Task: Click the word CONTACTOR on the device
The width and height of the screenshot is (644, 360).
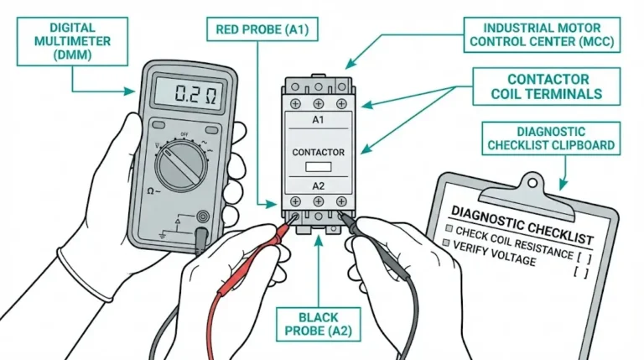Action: coord(318,152)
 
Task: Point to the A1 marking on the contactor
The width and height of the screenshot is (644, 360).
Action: coord(318,120)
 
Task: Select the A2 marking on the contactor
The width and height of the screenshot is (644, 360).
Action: coord(318,186)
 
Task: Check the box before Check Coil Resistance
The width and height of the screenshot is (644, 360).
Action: coord(450,229)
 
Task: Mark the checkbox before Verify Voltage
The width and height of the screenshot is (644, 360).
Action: coord(445,243)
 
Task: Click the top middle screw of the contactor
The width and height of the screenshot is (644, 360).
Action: coord(318,103)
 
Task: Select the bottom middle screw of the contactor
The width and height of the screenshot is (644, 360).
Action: coord(318,202)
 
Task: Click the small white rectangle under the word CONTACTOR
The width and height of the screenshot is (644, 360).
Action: coord(318,166)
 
